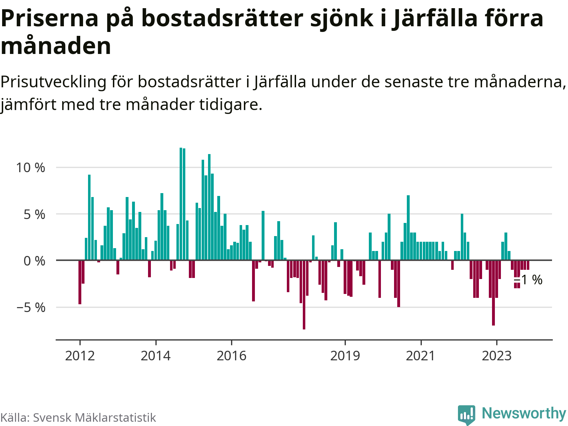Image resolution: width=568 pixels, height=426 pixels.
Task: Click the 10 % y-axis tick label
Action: [x=31, y=168]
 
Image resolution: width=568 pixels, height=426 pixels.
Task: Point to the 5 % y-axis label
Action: [x=34, y=214]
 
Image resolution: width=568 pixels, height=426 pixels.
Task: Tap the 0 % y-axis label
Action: [x=34, y=261]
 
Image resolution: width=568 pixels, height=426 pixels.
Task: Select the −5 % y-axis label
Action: [x=31, y=308]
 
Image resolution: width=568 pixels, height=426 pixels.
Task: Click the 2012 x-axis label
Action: [x=80, y=356]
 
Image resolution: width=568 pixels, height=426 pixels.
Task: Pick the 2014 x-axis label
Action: [x=155, y=356]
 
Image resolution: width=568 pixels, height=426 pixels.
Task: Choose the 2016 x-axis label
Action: [x=231, y=356]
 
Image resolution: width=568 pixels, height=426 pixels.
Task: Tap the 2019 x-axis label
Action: [x=345, y=356]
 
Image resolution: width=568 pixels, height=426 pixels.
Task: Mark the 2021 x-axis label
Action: [x=421, y=356]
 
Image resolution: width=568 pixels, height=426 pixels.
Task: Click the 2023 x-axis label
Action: [x=497, y=356]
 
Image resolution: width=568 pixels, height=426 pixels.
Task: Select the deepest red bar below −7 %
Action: [x=304, y=295]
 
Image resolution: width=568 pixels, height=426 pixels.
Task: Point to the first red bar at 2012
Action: [x=80, y=282]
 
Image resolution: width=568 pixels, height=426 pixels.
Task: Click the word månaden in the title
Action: [x=56, y=46]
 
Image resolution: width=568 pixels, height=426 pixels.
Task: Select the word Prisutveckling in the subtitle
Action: [x=53, y=82]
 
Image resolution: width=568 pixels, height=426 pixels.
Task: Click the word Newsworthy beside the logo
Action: [x=524, y=414]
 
